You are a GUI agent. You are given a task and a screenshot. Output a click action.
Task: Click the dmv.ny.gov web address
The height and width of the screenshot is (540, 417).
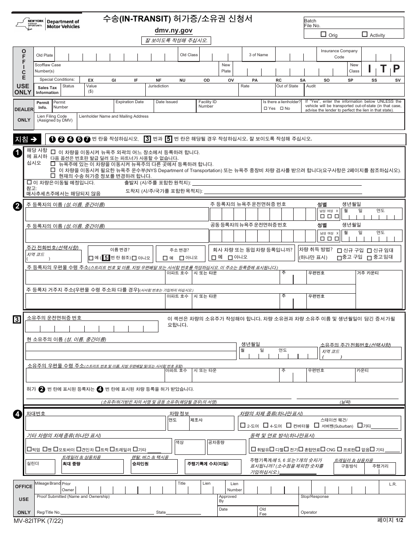tap(173, 31)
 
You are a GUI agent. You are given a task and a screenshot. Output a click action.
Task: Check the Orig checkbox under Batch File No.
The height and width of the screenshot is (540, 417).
tap(324, 34)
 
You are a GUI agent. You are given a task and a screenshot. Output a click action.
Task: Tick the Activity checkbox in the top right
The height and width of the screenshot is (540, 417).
tap(365, 34)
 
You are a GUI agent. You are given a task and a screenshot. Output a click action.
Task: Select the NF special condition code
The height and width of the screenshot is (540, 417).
tap(159, 80)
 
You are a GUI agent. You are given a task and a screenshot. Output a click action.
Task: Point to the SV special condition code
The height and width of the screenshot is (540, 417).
tap(398, 80)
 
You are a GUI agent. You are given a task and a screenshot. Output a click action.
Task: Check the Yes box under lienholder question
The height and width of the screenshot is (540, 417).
tap(265, 108)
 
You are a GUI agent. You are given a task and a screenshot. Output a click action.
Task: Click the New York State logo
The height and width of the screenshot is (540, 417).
tap(34, 24)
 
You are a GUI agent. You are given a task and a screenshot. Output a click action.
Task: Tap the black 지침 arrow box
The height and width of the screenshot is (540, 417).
tap(28, 139)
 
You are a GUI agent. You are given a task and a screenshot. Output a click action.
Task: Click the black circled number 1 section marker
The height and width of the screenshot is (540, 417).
tap(18, 153)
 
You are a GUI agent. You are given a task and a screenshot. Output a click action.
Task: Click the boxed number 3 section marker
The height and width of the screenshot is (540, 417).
tap(17, 320)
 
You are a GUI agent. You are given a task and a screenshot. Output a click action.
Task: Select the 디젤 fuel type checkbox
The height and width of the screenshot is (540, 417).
tap(273, 449)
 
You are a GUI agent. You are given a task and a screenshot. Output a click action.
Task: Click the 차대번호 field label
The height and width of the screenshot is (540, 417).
tap(36, 414)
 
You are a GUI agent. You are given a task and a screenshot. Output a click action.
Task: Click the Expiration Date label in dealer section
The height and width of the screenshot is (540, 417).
tap(129, 102)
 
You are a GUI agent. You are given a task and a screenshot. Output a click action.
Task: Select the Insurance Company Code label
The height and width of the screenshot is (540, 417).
tap(339, 54)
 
